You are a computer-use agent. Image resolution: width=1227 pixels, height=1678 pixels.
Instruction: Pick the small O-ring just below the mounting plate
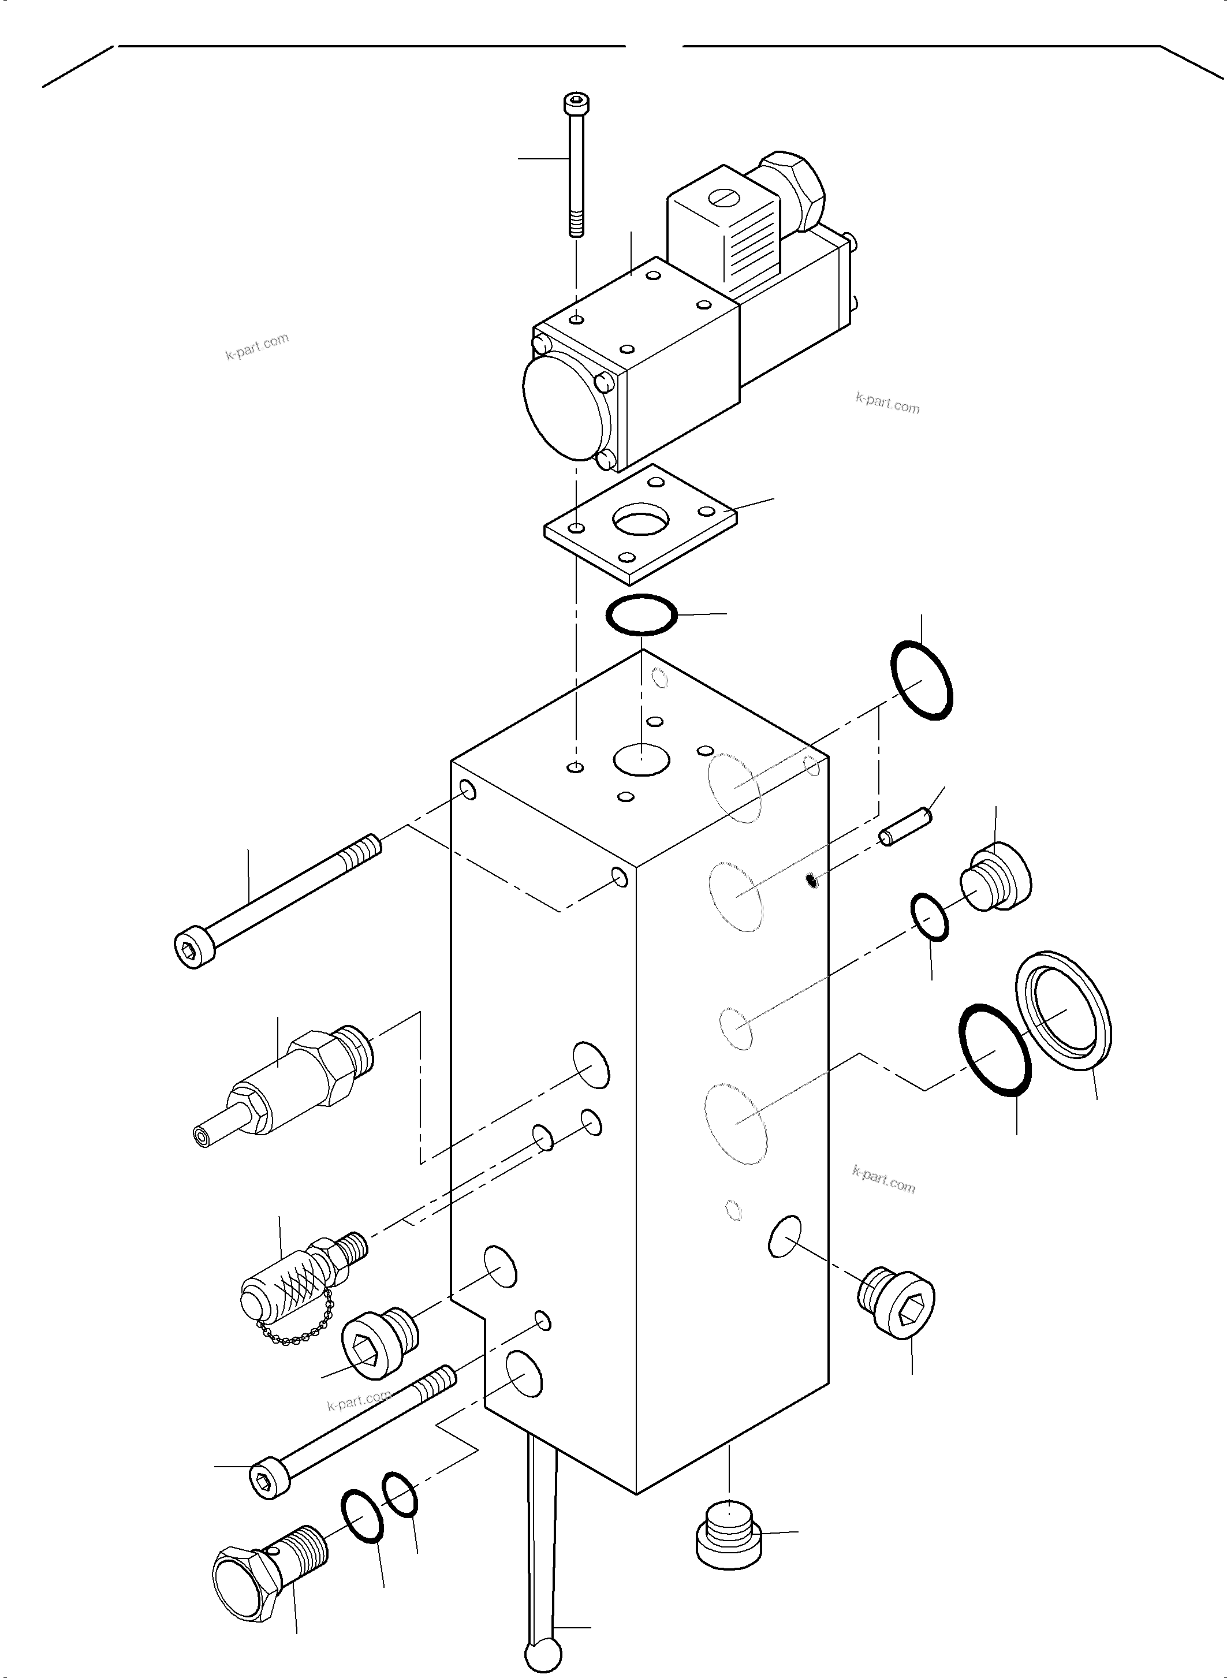click(642, 615)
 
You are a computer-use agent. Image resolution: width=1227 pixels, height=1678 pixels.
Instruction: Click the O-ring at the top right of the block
click(922, 680)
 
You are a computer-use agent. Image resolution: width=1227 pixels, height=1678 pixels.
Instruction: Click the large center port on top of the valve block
click(642, 760)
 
